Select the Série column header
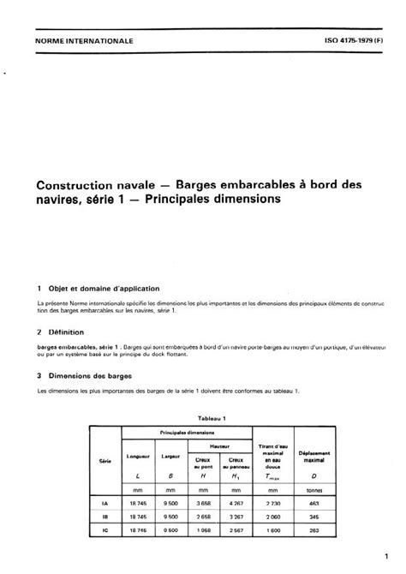(x=104, y=461)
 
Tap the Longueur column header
(x=138, y=455)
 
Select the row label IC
(x=104, y=531)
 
